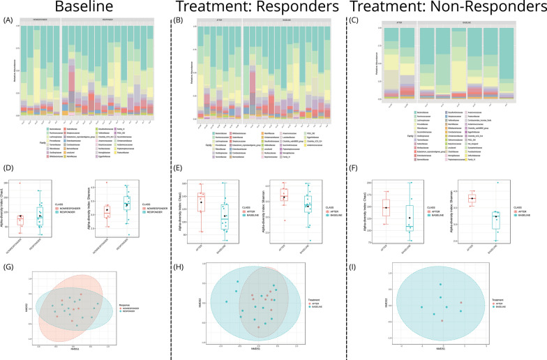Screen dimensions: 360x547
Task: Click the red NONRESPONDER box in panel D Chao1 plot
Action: [40, 220]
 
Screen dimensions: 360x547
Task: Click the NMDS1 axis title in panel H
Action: [267, 349]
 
